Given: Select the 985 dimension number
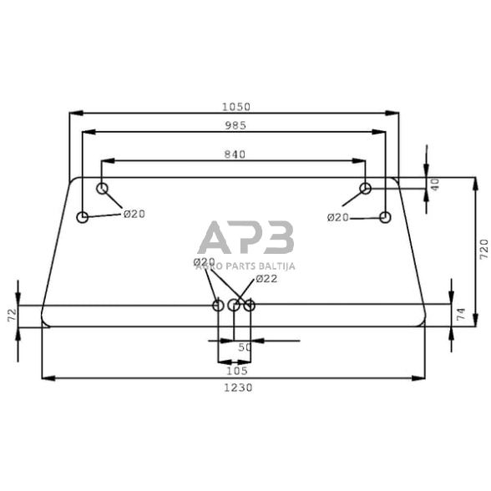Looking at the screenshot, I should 236,125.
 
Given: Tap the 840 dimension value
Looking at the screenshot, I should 236,154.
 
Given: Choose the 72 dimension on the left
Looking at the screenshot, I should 12,316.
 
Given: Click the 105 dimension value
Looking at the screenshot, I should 236,370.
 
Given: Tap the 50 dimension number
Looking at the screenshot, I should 244,347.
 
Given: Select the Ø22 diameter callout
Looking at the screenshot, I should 266,279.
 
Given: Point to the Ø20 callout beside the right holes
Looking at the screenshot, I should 337,217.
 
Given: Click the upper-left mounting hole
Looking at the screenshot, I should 103,189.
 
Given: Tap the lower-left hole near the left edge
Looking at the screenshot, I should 83,218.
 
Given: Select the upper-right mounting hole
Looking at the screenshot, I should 365,189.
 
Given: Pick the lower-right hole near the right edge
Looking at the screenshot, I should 385,218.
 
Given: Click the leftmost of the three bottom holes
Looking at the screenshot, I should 219,306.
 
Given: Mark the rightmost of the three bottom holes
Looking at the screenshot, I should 249,306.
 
